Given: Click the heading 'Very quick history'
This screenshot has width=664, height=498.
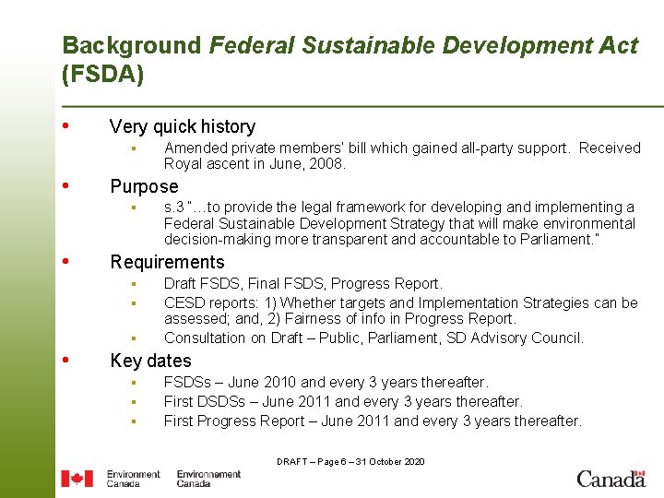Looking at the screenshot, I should pos(182,127).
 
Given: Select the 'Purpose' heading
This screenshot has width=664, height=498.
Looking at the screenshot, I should pos(144,186).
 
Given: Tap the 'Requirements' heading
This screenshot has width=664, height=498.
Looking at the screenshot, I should pos(167,262).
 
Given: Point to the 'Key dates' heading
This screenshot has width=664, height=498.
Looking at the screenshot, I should pos(150,361).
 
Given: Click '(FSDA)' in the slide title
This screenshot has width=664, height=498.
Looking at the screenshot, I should pos(102,75).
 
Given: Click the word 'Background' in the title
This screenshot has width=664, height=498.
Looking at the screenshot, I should pos(131,45).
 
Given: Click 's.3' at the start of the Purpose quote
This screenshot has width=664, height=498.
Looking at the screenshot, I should pos(173,207).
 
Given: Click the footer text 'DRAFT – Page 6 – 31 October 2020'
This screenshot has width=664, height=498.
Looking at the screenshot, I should pos(350,461).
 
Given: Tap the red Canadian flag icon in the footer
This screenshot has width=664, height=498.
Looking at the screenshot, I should pos(77,479).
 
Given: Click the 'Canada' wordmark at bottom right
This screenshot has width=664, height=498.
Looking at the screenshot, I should pos(611,479).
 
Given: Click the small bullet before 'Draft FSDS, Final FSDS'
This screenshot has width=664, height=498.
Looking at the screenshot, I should pos(133,284).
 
